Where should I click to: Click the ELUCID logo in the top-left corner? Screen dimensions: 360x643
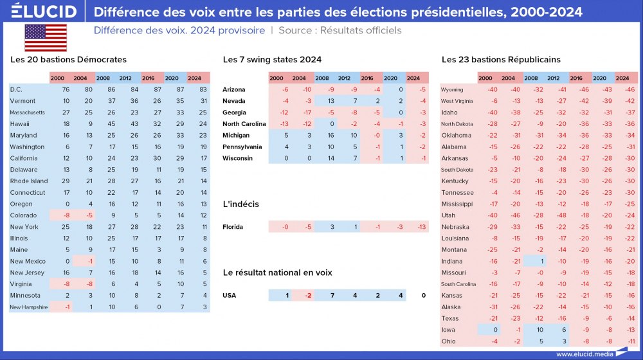[x=44, y=12]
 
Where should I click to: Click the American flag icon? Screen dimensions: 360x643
[x=46, y=37]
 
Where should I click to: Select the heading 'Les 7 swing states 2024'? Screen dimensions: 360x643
[x=272, y=60]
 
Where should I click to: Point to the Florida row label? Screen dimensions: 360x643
[x=233, y=227]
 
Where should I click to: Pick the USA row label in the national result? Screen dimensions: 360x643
[x=230, y=296]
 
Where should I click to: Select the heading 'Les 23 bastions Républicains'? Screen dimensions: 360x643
[x=492, y=60]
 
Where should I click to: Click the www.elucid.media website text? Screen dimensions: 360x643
[x=583, y=354]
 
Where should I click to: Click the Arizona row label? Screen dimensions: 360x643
[x=233, y=89]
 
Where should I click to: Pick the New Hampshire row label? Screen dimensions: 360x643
[x=29, y=307]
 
